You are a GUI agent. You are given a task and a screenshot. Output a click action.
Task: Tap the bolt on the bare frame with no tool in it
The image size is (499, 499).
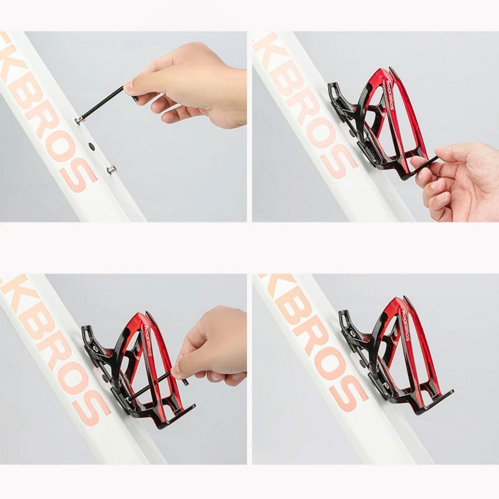click(x=111, y=169)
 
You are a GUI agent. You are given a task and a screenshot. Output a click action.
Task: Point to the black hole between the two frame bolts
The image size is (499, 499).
click(x=91, y=146)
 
